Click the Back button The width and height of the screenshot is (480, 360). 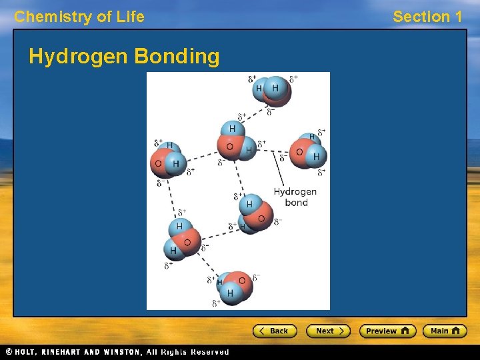[x=274, y=331]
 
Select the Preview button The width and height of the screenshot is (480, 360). [x=387, y=331]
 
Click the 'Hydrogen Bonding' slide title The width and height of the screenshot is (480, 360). [x=124, y=57]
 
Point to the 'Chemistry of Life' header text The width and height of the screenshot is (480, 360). [x=79, y=17]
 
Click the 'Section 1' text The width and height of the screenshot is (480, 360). [x=427, y=17]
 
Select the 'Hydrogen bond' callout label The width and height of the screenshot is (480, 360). [x=295, y=197]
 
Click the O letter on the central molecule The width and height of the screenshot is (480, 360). [x=230, y=147]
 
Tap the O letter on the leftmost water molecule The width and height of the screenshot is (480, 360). [x=159, y=163]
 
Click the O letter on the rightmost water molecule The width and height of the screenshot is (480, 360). [x=299, y=152]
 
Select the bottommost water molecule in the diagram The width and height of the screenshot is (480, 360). [x=234, y=287]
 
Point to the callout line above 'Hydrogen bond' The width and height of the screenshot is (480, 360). [x=279, y=170]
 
